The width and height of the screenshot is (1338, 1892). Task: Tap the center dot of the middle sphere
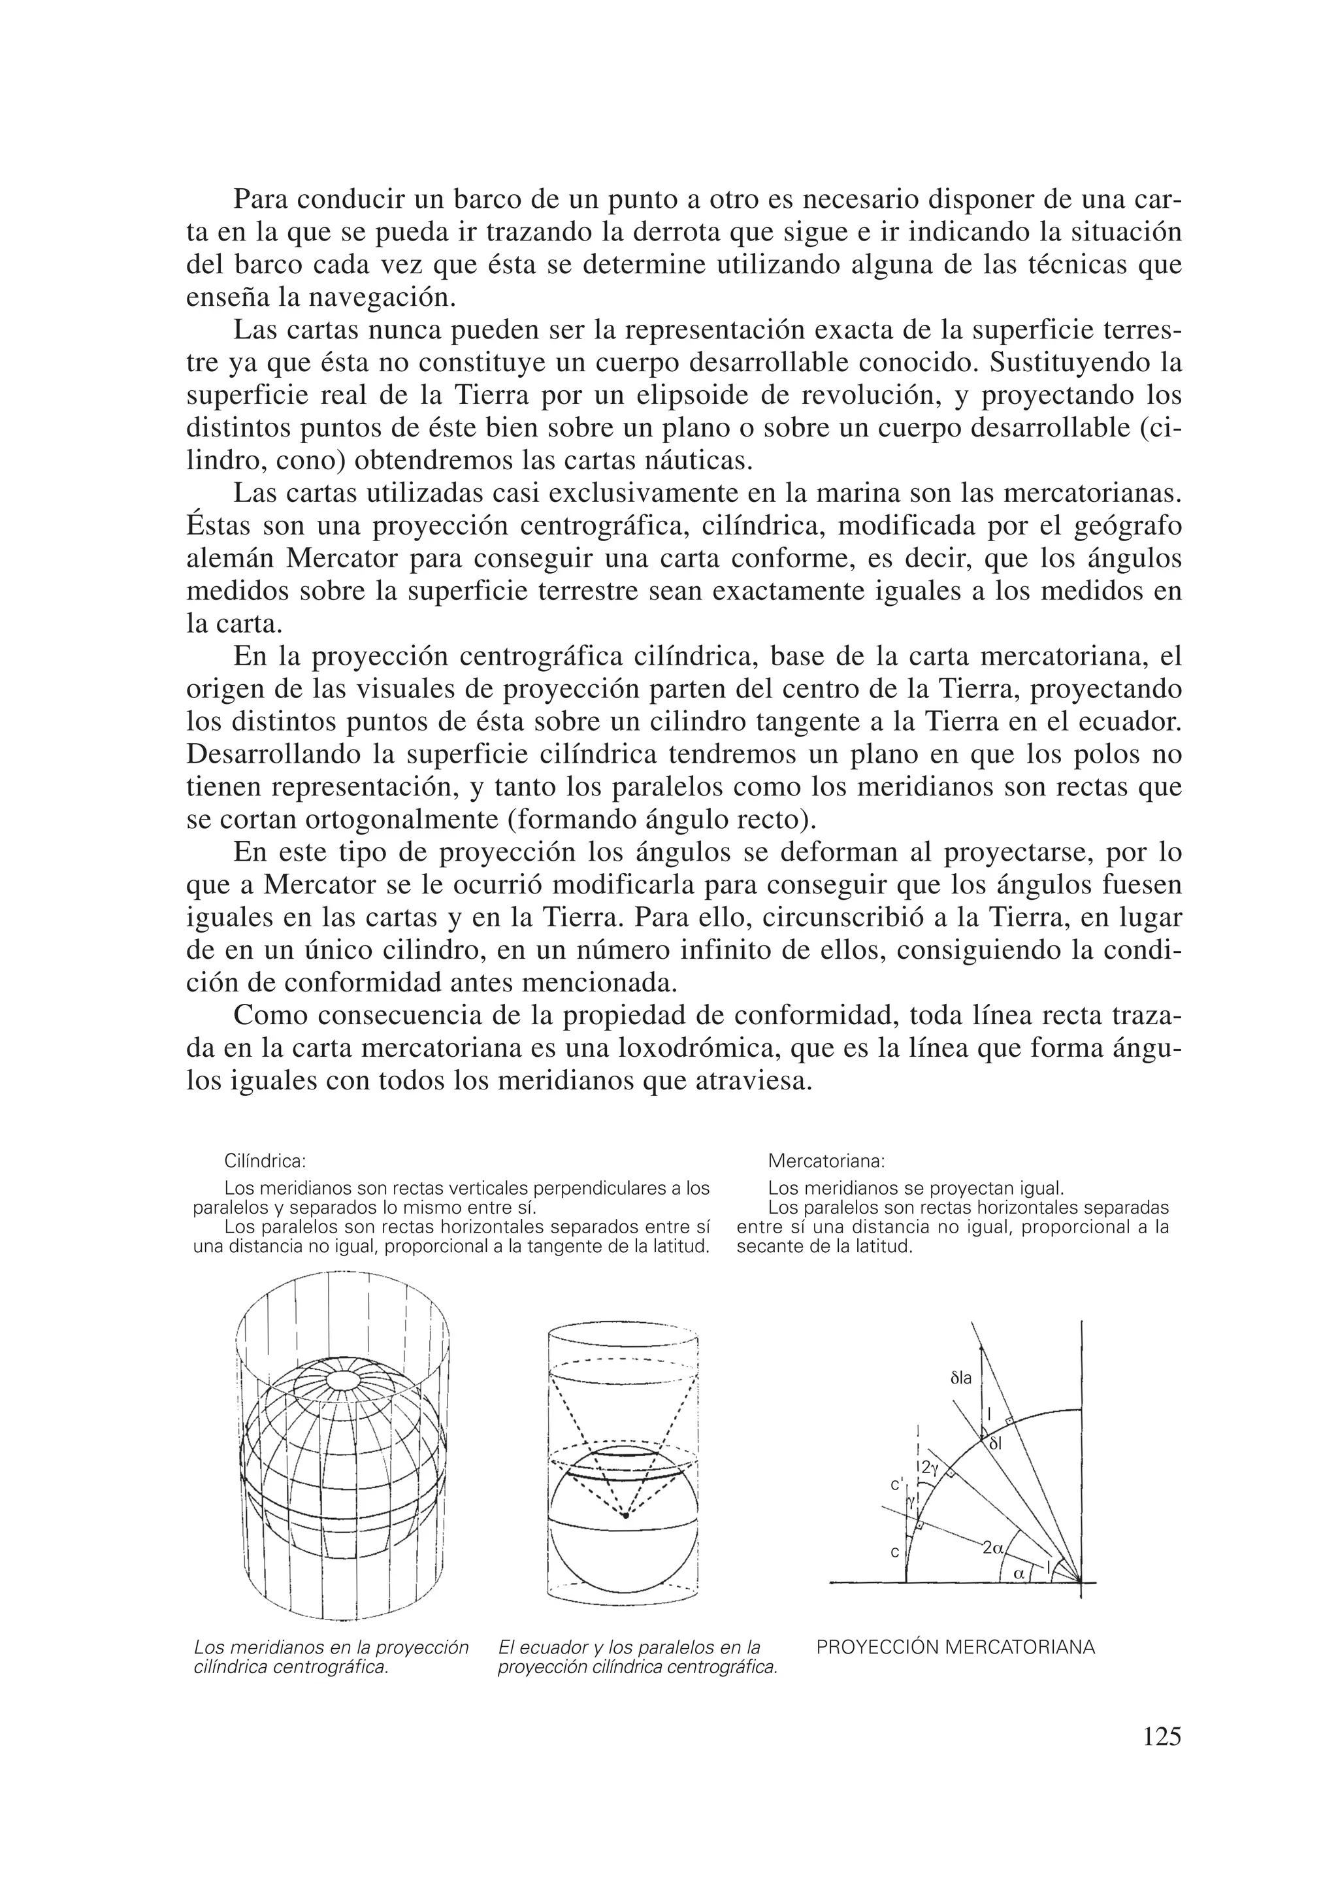(x=625, y=1516)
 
